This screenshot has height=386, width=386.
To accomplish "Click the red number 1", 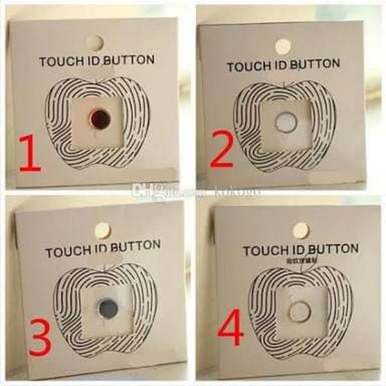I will [30, 154].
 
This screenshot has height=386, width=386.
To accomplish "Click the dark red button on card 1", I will [100, 116].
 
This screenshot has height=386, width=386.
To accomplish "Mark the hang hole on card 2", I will [282, 46].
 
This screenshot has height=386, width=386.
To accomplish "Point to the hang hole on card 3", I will [102, 230].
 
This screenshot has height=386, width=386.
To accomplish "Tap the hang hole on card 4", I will [301, 230].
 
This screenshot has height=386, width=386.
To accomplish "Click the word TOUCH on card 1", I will [59, 61].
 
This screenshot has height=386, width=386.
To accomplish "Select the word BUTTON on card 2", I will [315, 65].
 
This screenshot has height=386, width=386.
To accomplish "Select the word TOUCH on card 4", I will [262, 251].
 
